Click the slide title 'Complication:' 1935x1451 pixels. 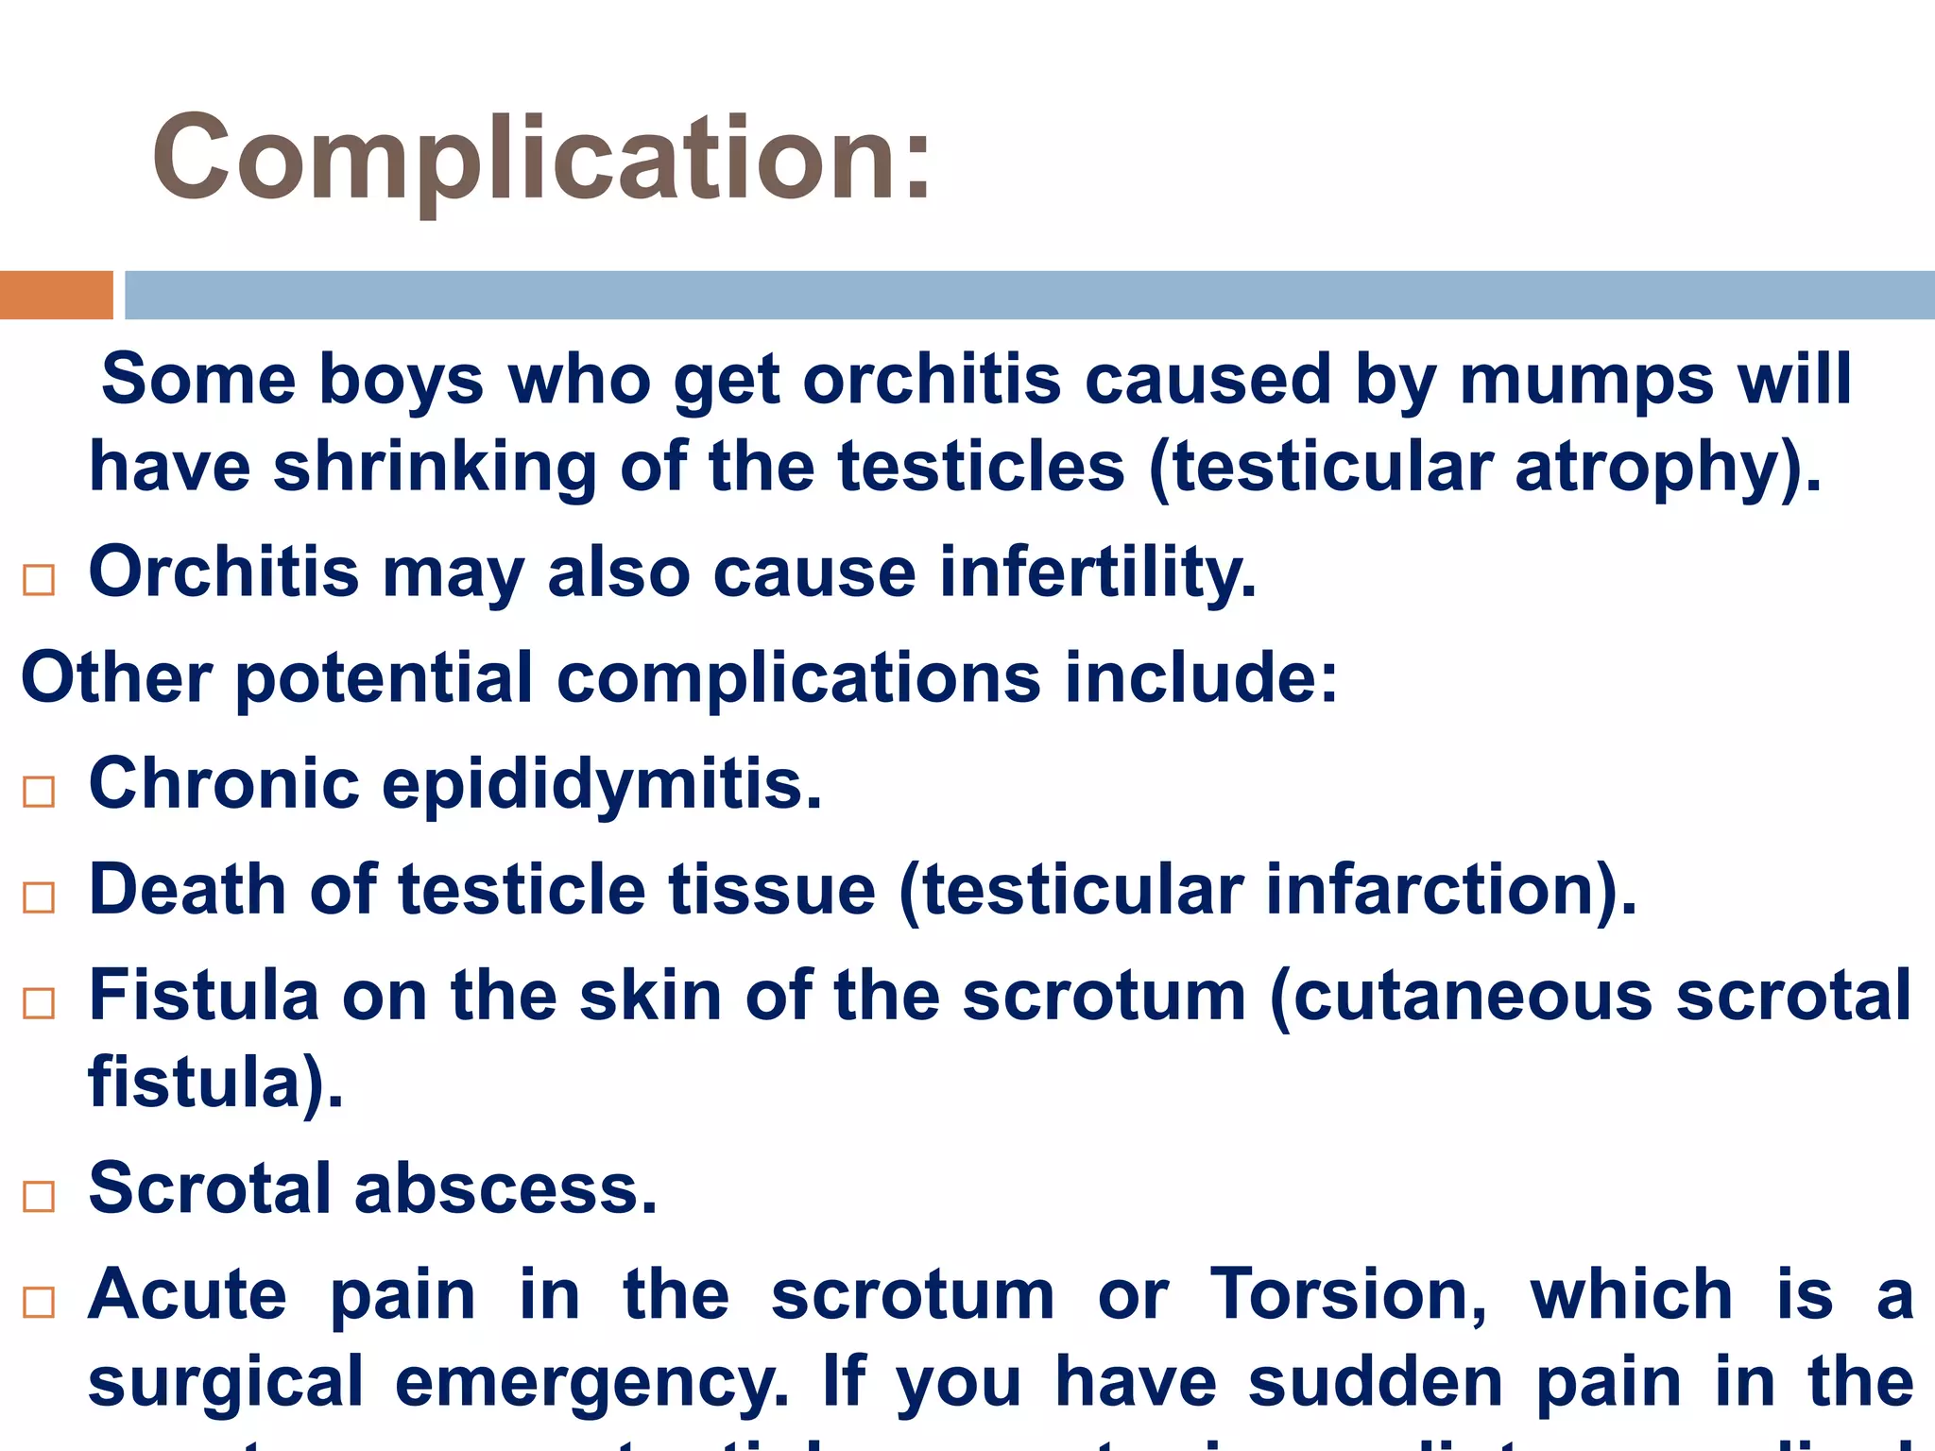click(x=542, y=159)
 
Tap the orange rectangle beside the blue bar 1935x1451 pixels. click(x=56, y=295)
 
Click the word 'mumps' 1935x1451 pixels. click(x=1586, y=380)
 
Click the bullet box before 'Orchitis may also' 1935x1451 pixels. click(x=39, y=579)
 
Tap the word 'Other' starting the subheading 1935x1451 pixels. click(x=117, y=678)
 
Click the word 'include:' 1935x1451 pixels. click(x=1201, y=678)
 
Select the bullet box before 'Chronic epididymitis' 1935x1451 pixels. click(x=39, y=791)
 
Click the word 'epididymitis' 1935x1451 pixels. click(x=602, y=784)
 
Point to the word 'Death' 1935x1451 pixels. click(x=187, y=890)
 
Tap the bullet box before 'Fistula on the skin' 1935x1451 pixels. click(x=39, y=1002)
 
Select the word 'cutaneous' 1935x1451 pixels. click(x=1472, y=996)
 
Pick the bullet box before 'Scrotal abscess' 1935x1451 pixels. click(x=39, y=1196)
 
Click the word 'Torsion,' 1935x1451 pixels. click(x=1349, y=1294)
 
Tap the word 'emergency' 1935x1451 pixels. click(x=591, y=1382)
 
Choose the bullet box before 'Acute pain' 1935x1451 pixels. click(x=39, y=1302)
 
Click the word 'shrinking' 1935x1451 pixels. click(x=435, y=468)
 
